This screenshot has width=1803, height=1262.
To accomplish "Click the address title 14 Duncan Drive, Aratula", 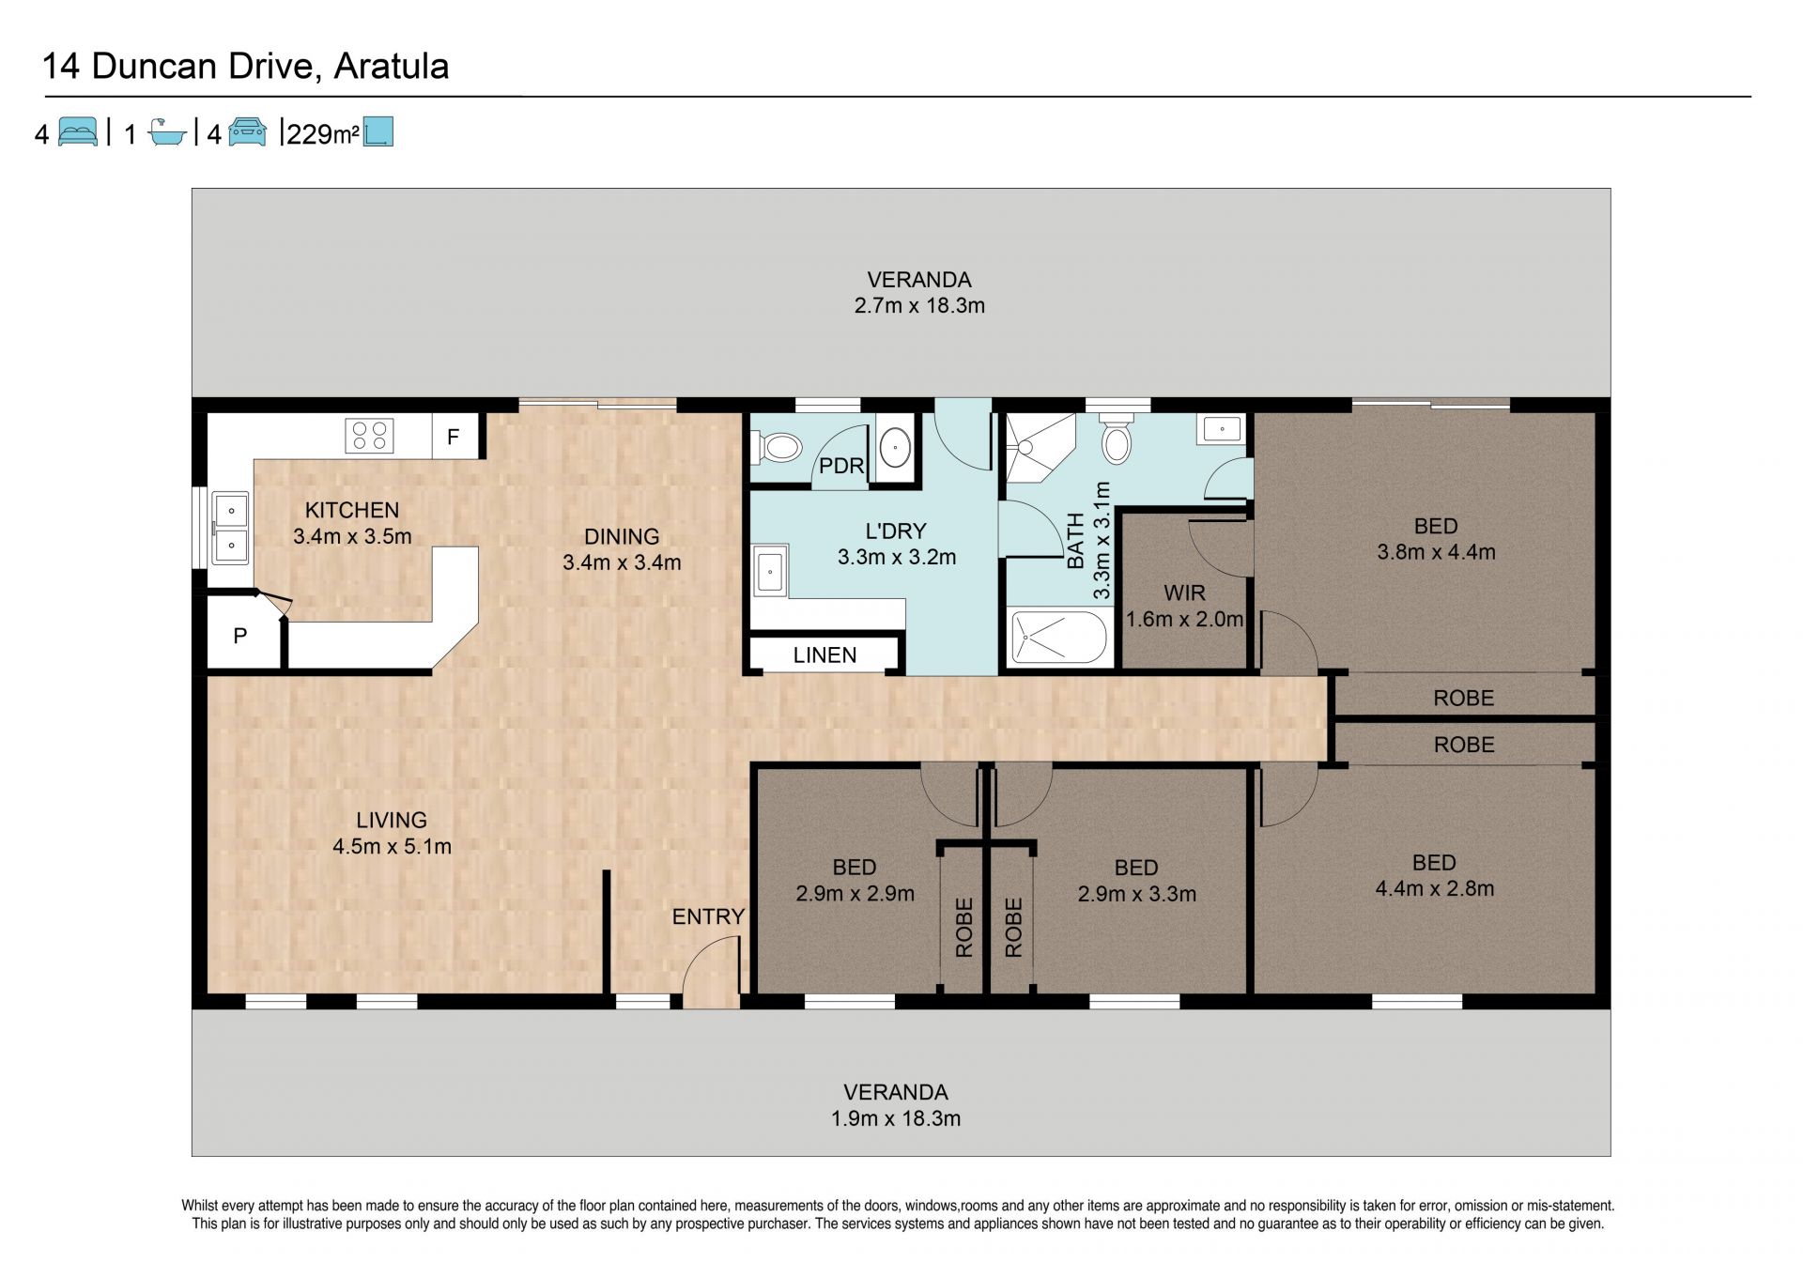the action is click(x=246, y=67).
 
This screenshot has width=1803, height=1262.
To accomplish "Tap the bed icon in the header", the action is click(x=78, y=131).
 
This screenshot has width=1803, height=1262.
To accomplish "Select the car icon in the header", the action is click(x=247, y=131).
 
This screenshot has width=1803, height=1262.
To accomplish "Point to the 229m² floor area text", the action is click(x=323, y=134).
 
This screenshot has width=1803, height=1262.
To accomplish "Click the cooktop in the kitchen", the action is click(x=370, y=436).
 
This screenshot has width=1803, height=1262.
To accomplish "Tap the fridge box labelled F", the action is click(x=455, y=436).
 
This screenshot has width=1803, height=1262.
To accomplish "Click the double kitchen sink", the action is click(x=230, y=529).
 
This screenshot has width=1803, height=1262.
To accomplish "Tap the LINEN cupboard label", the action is click(x=824, y=655).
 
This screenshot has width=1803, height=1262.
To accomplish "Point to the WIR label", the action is click(x=1184, y=593).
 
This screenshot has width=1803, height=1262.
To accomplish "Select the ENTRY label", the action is click(x=708, y=916).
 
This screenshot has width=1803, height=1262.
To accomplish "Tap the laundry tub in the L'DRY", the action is click(x=770, y=569).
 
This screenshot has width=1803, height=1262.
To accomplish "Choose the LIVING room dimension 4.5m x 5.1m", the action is click(x=392, y=846).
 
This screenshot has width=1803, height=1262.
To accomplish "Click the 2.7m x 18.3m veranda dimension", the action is click(x=919, y=305).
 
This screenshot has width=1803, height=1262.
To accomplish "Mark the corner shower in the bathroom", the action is click(x=1040, y=448).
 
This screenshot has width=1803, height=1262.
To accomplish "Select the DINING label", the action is click(x=622, y=536).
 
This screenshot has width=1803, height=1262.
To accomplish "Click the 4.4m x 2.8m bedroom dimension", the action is click(x=1435, y=888).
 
